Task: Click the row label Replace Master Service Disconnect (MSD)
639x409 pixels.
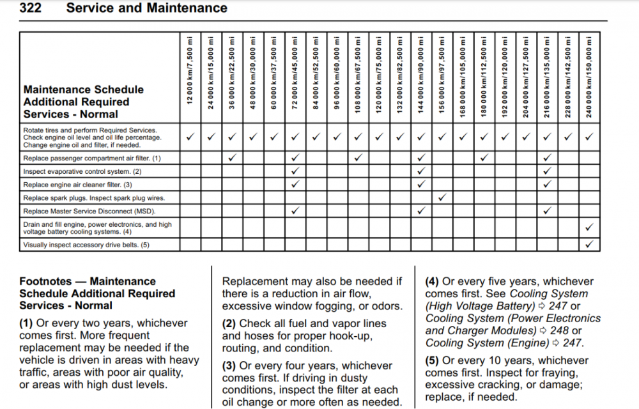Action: pyautogui.click(x=89, y=211)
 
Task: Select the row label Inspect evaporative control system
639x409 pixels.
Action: pyautogui.click(x=82, y=171)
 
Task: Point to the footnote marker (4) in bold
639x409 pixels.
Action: pyautogui.click(x=433, y=282)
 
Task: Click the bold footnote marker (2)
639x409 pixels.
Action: pyautogui.click(x=229, y=324)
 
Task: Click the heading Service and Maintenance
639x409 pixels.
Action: pyautogui.click(x=146, y=8)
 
